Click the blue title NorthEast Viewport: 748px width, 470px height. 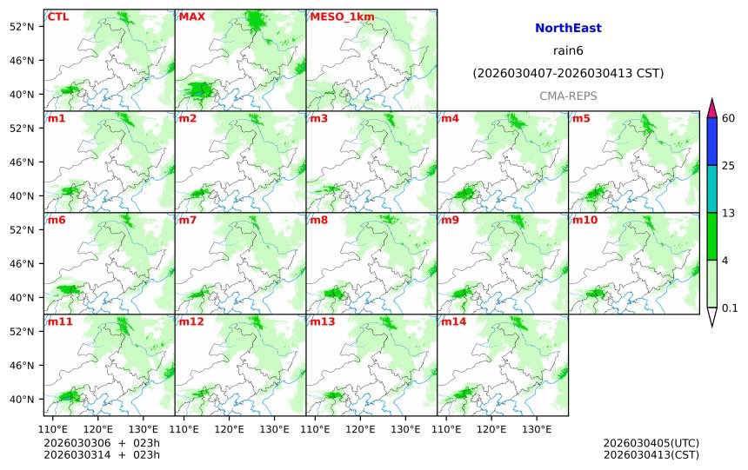(568, 29)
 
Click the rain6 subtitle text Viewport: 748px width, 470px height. (568, 51)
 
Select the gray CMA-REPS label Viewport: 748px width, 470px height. (568, 96)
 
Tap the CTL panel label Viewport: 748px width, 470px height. (58, 17)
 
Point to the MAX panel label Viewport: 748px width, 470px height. (190, 17)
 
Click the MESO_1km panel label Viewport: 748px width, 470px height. (336, 17)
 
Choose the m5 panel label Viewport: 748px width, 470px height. (581, 118)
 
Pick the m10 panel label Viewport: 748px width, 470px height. (584, 220)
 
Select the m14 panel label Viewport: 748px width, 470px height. (453, 321)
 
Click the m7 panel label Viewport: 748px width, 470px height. (189, 220)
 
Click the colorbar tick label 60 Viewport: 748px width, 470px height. (729, 118)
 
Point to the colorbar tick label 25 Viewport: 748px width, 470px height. (729, 165)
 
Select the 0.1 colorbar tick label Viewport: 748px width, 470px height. (730, 308)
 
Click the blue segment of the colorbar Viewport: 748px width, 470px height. (712, 141)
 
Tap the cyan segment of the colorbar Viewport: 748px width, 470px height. (712, 189)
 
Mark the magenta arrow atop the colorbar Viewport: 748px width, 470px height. (712, 109)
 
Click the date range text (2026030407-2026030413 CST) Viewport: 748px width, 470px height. (568, 74)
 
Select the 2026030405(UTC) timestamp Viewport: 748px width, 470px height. (651, 443)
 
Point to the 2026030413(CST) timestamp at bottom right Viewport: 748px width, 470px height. (651, 454)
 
